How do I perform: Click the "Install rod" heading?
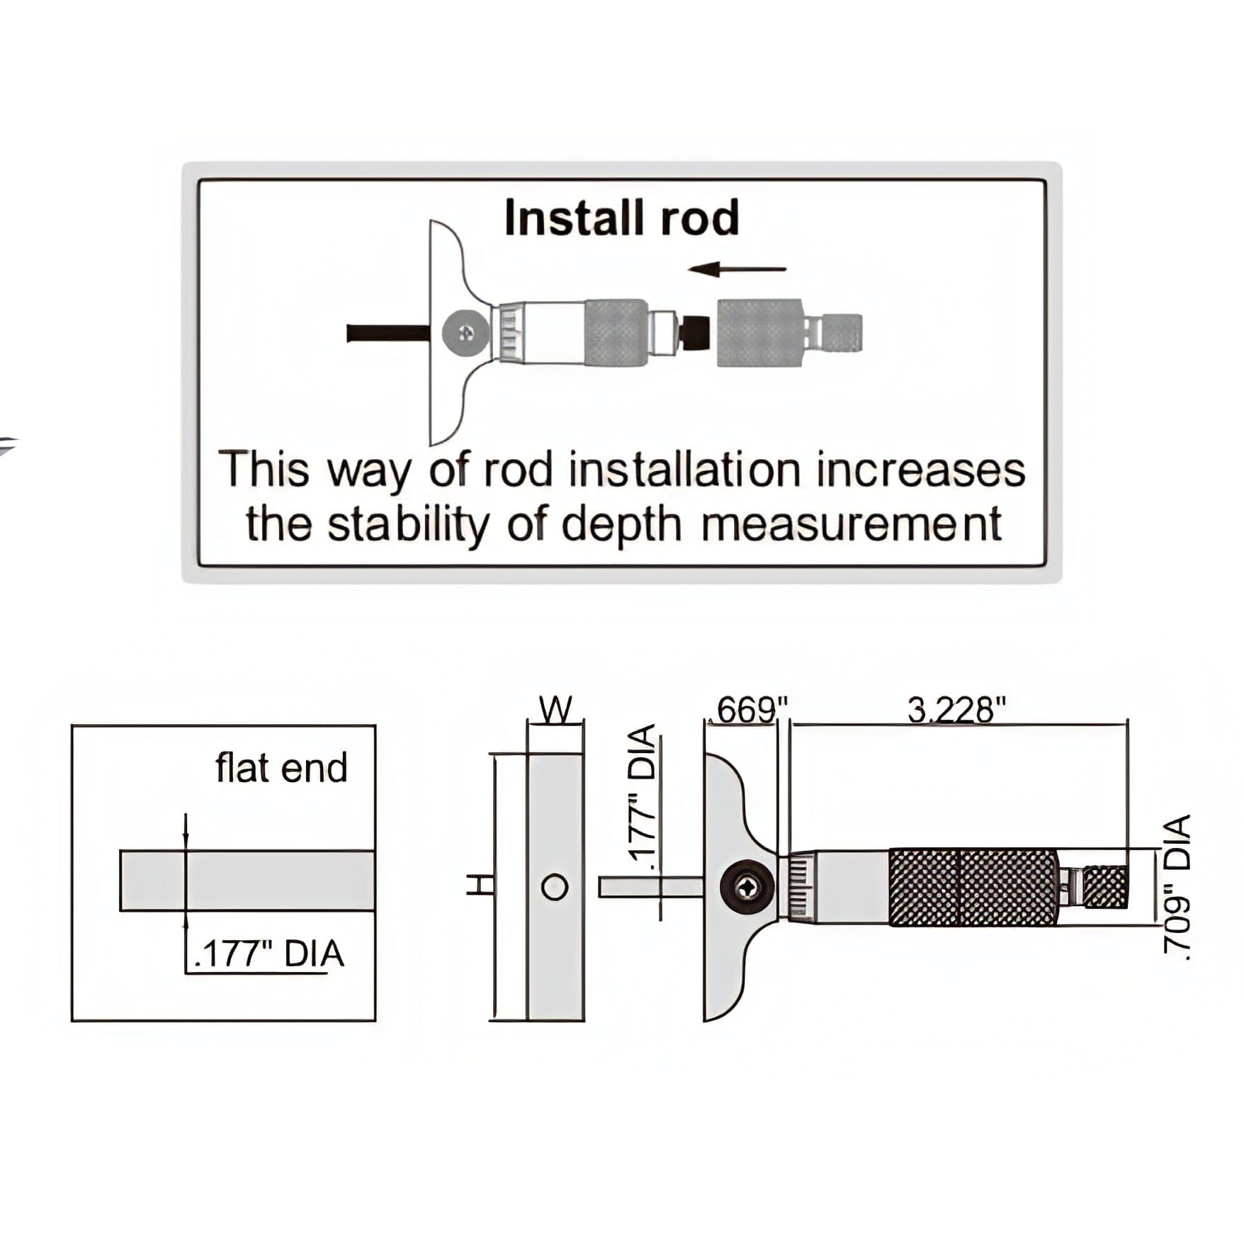tap(621, 217)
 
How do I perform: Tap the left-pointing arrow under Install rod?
tap(737, 269)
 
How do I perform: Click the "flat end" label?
tap(281, 768)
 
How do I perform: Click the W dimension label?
tap(556, 709)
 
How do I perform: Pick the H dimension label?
tap(481, 884)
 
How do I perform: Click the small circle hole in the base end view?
tap(555, 887)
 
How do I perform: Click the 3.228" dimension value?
tap(957, 710)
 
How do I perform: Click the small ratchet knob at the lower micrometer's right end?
tap(1105, 887)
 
